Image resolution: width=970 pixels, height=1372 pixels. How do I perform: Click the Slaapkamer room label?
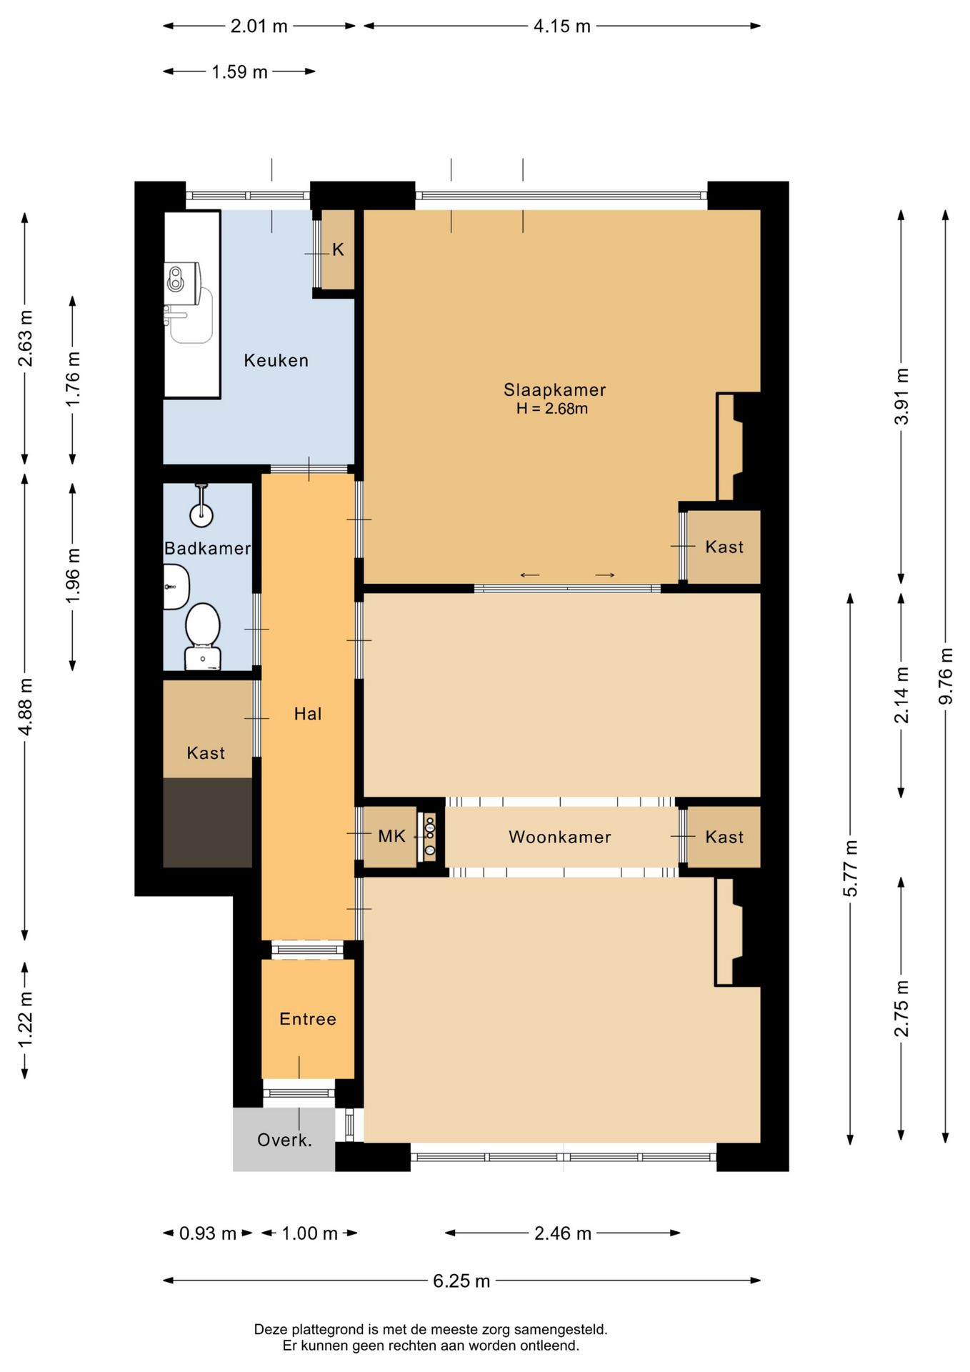pyautogui.click(x=554, y=389)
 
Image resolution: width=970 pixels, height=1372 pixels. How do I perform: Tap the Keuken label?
pyautogui.click(x=276, y=360)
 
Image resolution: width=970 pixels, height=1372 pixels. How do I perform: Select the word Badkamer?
pyautogui.click(x=207, y=548)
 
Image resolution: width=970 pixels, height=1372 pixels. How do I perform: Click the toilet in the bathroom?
pyautogui.click(x=203, y=636)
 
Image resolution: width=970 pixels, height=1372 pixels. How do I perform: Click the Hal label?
pyautogui.click(x=308, y=713)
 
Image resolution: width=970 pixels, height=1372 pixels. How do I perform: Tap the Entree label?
pyautogui.click(x=308, y=1019)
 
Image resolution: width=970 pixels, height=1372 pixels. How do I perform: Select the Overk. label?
pyautogui.click(x=284, y=1140)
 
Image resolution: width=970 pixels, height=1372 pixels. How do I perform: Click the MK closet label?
pyautogui.click(x=391, y=836)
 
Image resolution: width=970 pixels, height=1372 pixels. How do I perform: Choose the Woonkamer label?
pyautogui.click(x=559, y=837)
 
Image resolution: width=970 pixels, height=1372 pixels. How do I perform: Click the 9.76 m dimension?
pyautogui.click(x=946, y=675)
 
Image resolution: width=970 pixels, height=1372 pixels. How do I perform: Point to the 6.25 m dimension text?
pyautogui.click(x=461, y=1281)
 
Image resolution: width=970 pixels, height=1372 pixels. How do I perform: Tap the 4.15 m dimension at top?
pyautogui.click(x=562, y=26)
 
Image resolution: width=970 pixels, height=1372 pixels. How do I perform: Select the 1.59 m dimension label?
pyautogui.click(x=239, y=71)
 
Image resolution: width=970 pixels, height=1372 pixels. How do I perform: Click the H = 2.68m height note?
pyautogui.click(x=552, y=409)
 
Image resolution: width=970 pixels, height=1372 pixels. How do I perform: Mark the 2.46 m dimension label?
pyautogui.click(x=563, y=1233)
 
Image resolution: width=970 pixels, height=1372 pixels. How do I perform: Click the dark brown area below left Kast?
pyautogui.click(x=208, y=822)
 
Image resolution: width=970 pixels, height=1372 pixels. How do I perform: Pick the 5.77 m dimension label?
pyautogui.click(x=850, y=868)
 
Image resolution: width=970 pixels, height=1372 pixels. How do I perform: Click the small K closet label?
pyautogui.click(x=338, y=249)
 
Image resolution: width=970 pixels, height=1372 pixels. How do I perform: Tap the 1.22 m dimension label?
pyautogui.click(x=25, y=1020)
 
